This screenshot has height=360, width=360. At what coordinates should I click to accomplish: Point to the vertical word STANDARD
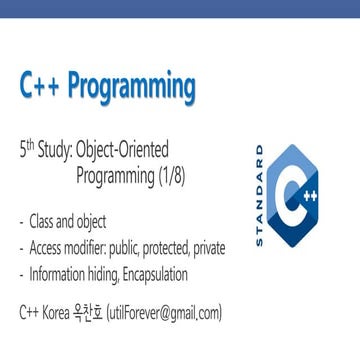pyautogui.click(x=261, y=195)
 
